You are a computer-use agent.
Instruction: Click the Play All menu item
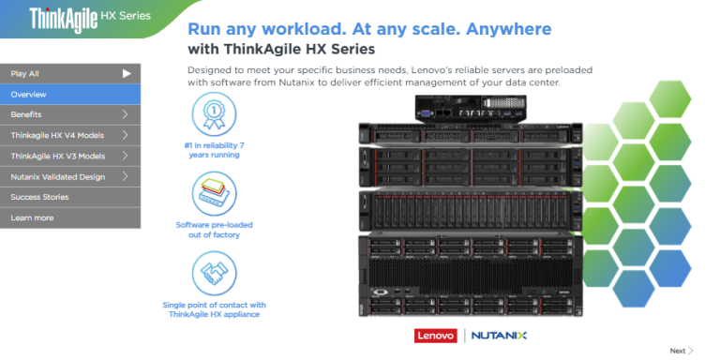pyautogui.click(x=56, y=73)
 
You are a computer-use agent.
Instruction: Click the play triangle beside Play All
pyautogui.click(x=127, y=73)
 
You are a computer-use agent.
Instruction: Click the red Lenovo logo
pyautogui.click(x=433, y=335)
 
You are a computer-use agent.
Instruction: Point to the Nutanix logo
pyautogui.click(x=499, y=335)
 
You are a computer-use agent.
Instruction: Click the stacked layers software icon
pyautogui.click(x=213, y=193)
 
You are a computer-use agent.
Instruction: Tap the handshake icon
pyautogui.click(x=213, y=273)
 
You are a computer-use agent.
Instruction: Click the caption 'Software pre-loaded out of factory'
pyautogui.click(x=214, y=230)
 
